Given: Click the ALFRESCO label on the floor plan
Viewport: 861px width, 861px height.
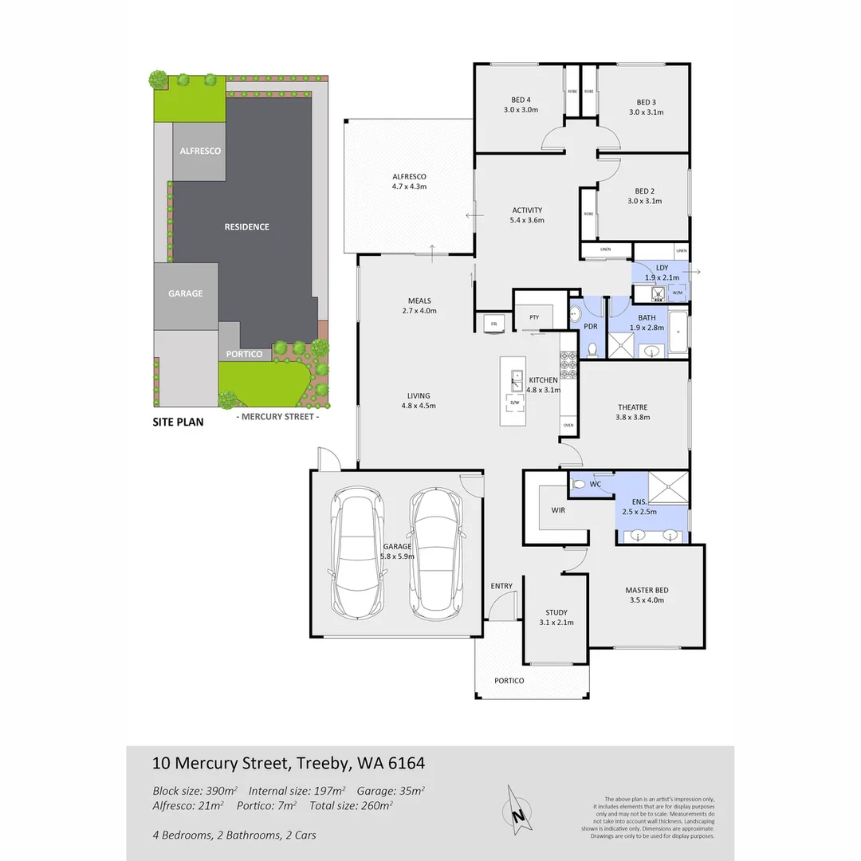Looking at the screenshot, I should click(x=409, y=176).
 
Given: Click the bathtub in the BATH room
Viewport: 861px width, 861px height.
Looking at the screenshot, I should click(x=678, y=333).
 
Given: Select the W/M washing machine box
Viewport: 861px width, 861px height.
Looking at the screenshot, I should click(x=678, y=293).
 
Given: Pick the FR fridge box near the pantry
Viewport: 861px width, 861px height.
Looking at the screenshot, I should click(x=493, y=324).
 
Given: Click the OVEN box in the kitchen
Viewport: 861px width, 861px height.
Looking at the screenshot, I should click(x=568, y=425).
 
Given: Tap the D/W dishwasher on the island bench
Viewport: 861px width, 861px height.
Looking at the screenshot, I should click(x=514, y=403).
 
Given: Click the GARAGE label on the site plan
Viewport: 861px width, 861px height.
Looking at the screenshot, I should click(x=185, y=293).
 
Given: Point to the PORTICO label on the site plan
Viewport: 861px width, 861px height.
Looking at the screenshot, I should click(x=244, y=354).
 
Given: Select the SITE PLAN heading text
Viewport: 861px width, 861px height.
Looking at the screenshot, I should click(x=178, y=423).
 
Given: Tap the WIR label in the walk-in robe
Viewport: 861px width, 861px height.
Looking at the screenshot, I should click(x=558, y=509).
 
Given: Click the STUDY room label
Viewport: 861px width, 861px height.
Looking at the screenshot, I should click(x=556, y=612).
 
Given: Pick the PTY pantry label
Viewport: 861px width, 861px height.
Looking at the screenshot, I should click(x=534, y=316).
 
